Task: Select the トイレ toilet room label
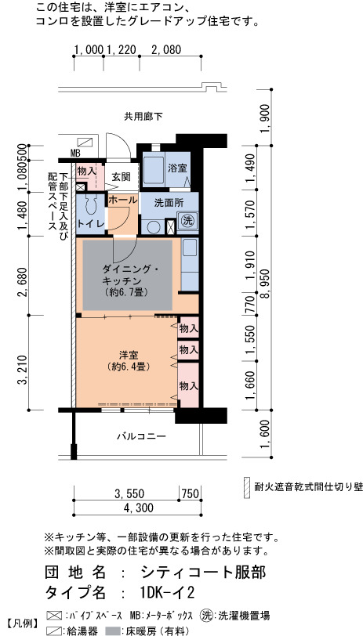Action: (x=91, y=223)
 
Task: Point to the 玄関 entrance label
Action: (x=122, y=176)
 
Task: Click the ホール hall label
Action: (x=122, y=200)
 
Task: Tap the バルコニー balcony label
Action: (x=141, y=436)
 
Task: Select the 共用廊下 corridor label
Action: (x=143, y=117)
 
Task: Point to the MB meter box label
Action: (x=75, y=154)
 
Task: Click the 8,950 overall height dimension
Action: (x=262, y=289)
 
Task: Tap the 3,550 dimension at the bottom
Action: (x=129, y=493)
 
